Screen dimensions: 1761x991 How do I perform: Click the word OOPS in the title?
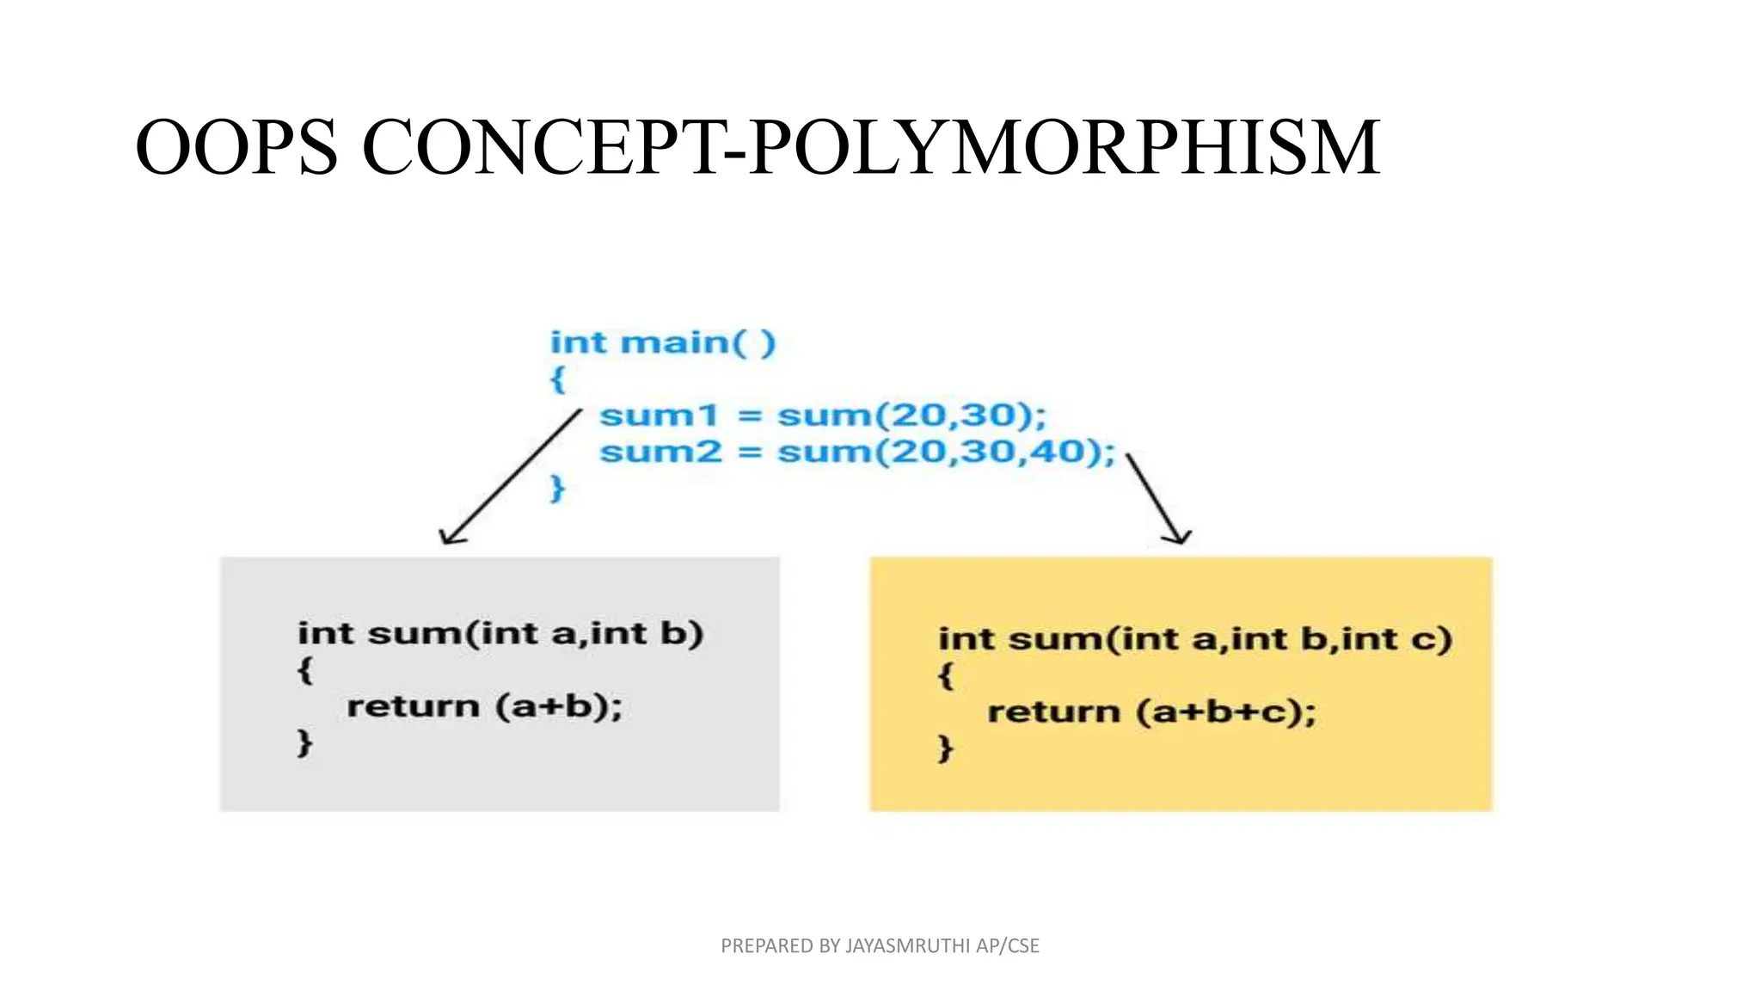[236, 148]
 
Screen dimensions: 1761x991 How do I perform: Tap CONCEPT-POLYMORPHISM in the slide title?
[871, 148]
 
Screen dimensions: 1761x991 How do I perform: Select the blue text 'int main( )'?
[663, 342]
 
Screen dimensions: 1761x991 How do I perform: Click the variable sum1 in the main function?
[659, 415]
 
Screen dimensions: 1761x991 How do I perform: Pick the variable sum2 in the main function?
[660, 452]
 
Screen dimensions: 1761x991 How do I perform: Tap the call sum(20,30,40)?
[946, 452]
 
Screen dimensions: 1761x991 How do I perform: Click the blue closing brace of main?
[557, 488]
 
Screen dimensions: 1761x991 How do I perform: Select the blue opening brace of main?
[557, 379]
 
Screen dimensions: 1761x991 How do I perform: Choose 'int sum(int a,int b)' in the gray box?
[500, 634]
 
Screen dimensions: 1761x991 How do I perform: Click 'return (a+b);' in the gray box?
[484, 707]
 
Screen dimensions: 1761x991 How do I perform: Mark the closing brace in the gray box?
[304, 742]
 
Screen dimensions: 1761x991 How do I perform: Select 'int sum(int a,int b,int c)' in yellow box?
[1194, 639]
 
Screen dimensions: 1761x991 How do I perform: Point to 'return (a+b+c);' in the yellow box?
[1151, 712]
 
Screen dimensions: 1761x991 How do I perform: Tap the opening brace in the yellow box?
[945, 675]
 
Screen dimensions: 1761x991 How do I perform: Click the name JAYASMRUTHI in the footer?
[908, 946]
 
